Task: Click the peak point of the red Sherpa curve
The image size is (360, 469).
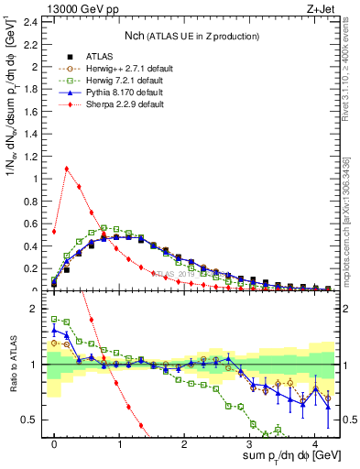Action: tap(67, 168)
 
